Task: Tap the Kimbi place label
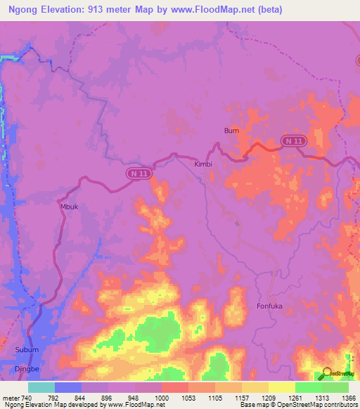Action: point(202,164)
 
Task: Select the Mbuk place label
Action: point(70,207)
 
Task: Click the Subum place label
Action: point(25,349)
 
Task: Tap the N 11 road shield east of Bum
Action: point(294,141)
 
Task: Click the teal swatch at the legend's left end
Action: point(41,387)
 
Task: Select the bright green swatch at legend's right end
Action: point(335,387)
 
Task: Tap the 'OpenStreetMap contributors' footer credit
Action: point(316,405)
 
